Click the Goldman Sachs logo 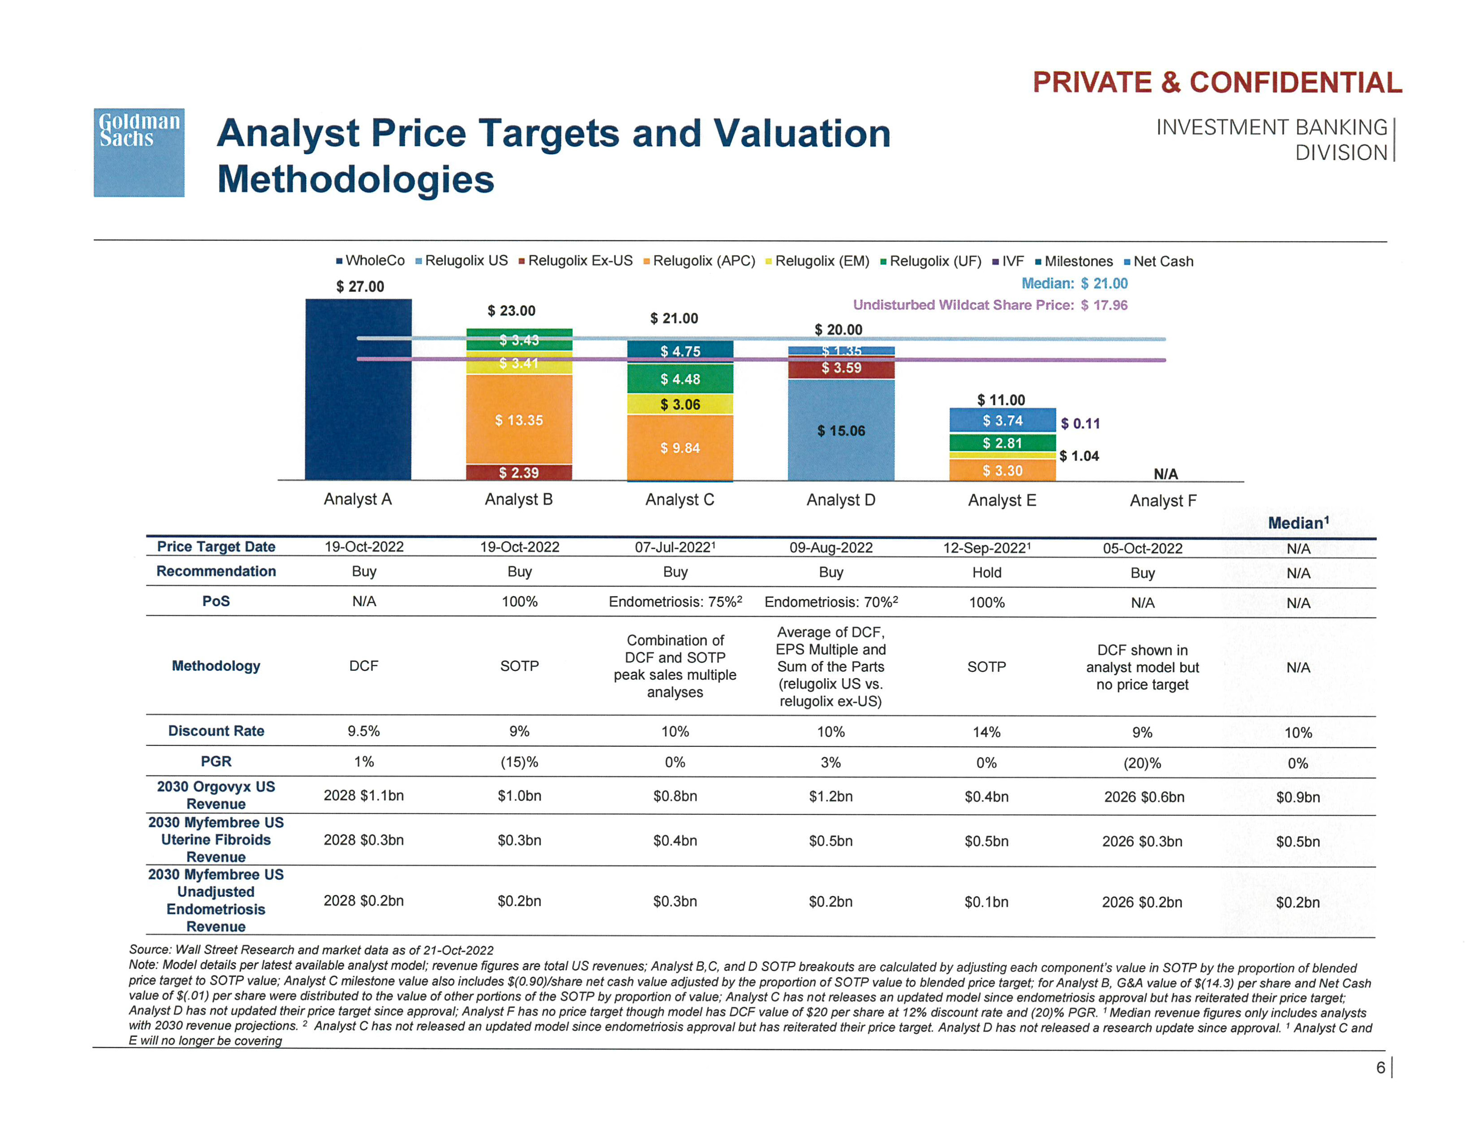[x=139, y=152]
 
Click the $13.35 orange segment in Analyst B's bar [x=519, y=420]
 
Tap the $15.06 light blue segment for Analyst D [x=841, y=431]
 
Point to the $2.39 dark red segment [x=519, y=472]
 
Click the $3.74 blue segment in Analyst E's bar [x=1002, y=420]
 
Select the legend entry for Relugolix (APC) [x=699, y=261]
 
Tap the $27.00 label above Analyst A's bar [x=360, y=286]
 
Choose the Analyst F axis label [x=1163, y=501]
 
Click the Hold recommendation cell [x=987, y=573]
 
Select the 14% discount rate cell [x=987, y=732]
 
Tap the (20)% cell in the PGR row [x=1143, y=764]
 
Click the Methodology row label [x=216, y=666]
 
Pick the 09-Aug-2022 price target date [x=831, y=548]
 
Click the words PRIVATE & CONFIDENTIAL [x=1217, y=82]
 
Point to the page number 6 [x=1380, y=1068]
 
